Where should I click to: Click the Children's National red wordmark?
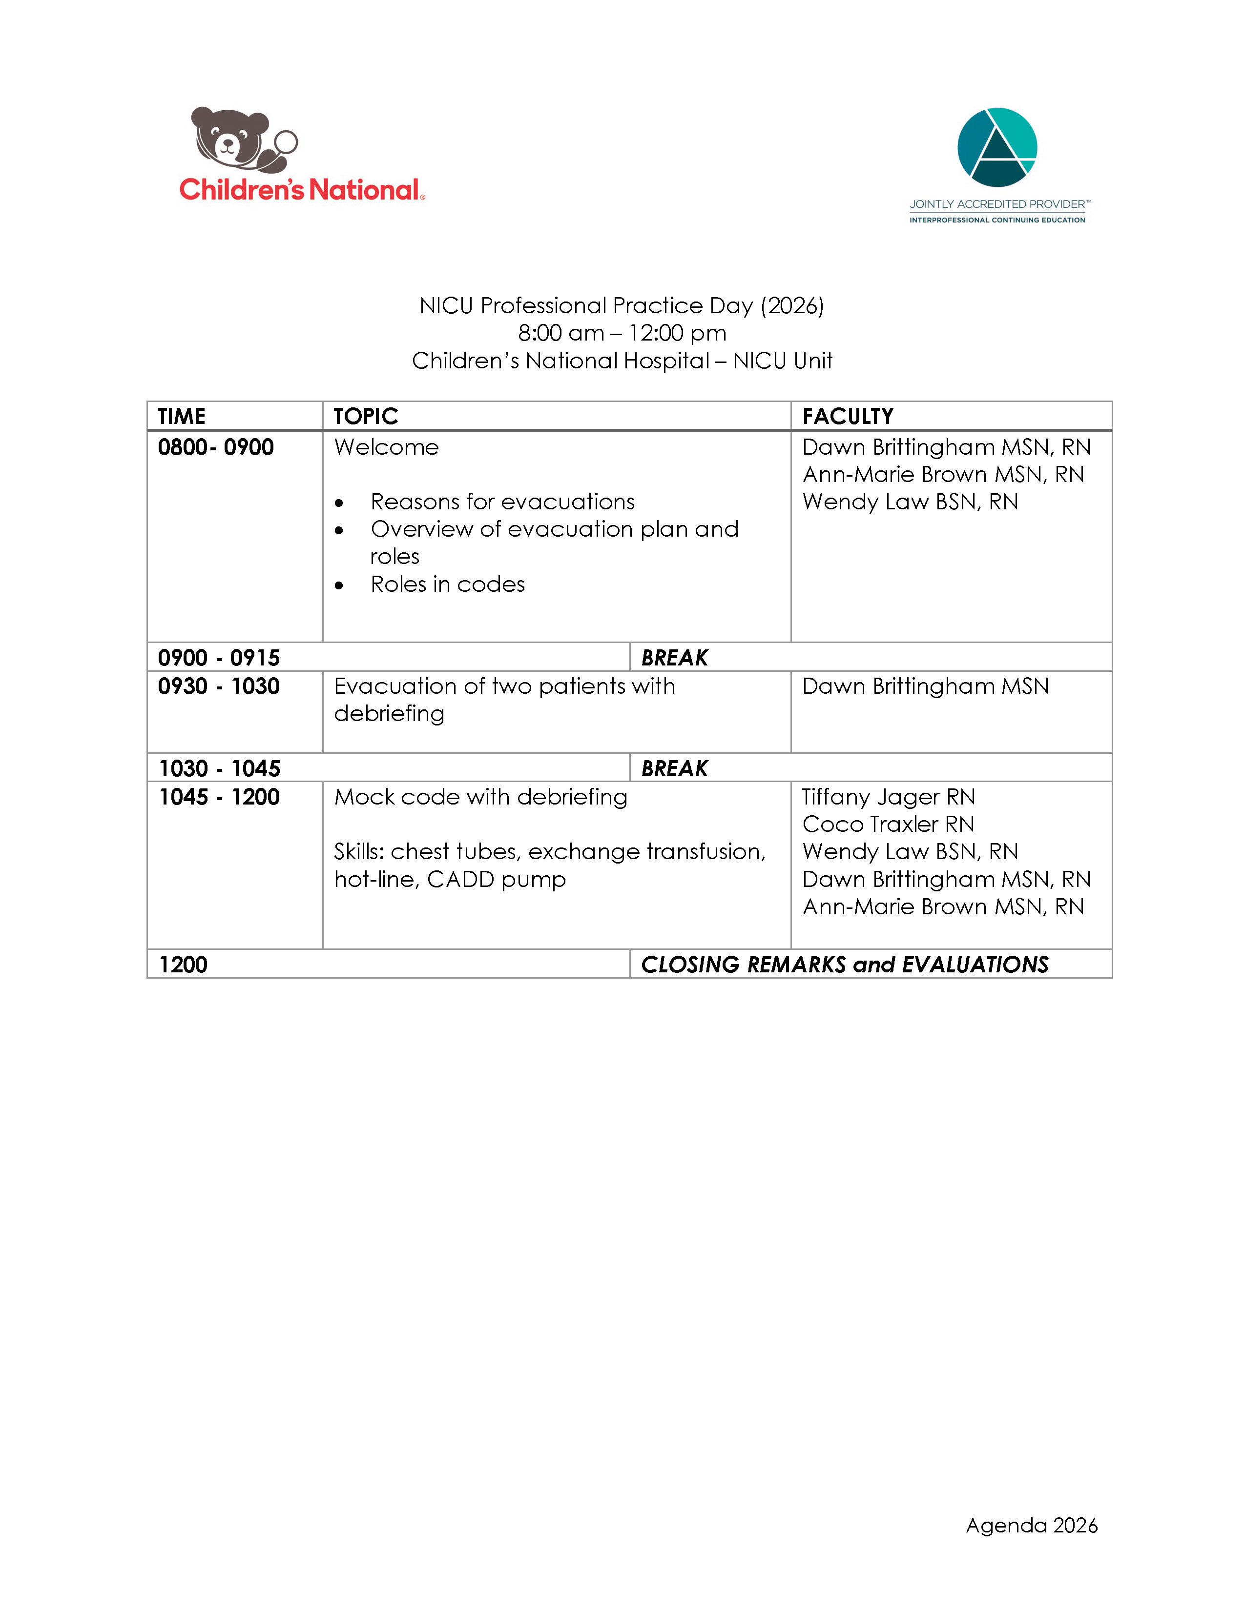(301, 190)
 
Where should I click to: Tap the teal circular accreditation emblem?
(997, 147)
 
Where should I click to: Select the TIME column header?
(182, 417)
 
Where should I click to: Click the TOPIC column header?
(365, 417)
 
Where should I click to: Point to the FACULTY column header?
(848, 417)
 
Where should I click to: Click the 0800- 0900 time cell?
(215, 447)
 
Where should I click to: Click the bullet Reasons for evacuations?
(502, 502)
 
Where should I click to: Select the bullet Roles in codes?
(448, 584)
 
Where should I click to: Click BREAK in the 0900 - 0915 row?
(674, 658)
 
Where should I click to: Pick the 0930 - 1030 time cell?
(218, 686)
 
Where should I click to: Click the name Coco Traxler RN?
(888, 824)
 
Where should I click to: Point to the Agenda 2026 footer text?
(1031, 1525)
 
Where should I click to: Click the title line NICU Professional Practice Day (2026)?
(622, 306)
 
